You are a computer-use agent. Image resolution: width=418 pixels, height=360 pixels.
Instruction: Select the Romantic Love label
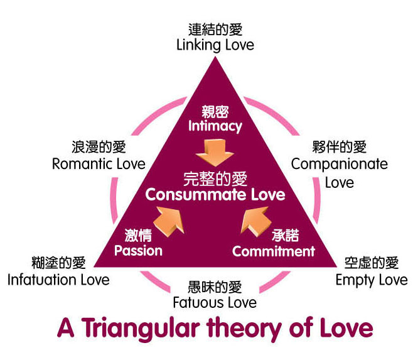click(x=99, y=164)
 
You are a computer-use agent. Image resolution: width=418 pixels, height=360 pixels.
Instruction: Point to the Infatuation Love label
click(x=58, y=279)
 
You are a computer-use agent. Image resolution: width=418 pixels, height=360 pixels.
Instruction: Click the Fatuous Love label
click(x=215, y=302)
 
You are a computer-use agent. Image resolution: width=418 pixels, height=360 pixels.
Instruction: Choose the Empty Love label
click(x=372, y=279)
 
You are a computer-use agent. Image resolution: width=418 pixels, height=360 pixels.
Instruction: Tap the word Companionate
click(x=340, y=164)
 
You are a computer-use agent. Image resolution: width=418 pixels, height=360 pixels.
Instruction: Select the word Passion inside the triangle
click(x=138, y=251)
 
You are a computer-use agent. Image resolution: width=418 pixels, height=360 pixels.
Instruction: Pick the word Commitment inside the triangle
click(x=273, y=251)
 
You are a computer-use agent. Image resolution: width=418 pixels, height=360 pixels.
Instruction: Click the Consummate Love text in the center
click(x=215, y=194)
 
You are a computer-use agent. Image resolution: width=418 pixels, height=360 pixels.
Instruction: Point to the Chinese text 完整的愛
click(x=215, y=177)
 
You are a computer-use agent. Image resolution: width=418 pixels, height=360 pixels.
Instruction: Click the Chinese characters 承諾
click(x=285, y=236)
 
